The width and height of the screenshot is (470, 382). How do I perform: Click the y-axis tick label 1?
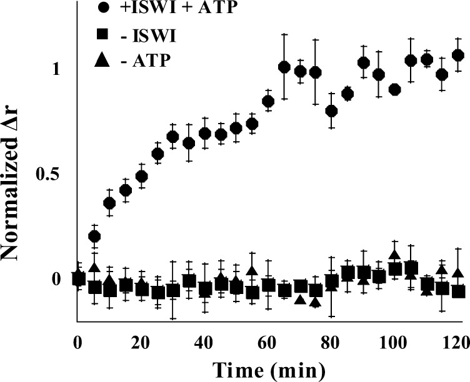(56, 69)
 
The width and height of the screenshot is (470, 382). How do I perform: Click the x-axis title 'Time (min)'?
(267, 368)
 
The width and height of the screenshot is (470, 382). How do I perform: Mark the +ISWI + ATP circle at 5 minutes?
(94, 236)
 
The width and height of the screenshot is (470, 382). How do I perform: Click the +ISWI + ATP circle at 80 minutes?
(331, 111)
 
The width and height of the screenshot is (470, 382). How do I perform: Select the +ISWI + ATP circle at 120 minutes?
(457, 55)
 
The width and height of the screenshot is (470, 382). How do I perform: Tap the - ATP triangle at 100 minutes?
(394, 255)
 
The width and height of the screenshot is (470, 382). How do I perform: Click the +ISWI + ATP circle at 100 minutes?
(394, 89)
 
